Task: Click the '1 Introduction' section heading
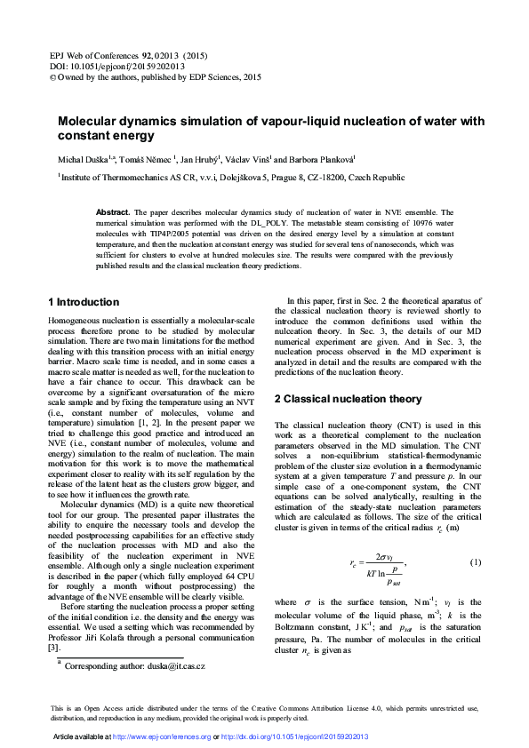(83, 302)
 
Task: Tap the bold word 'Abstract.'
(113, 213)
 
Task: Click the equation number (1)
(475, 562)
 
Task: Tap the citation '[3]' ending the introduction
(52, 649)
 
